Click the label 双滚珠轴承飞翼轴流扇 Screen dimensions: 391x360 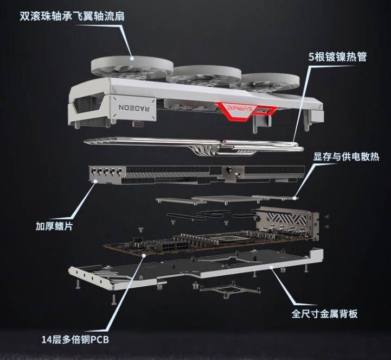(x=72, y=16)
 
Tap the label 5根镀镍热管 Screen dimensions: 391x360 (x=338, y=56)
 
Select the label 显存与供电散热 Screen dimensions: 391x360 (x=346, y=157)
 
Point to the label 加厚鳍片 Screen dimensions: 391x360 (x=54, y=226)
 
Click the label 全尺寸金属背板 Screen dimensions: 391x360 (x=324, y=313)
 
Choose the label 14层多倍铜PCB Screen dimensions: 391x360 (x=75, y=340)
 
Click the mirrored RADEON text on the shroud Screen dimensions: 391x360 (x=134, y=108)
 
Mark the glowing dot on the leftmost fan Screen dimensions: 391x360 (x=132, y=59)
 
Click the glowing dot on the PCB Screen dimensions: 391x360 (x=143, y=255)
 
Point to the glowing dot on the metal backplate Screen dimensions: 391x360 (x=271, y=267)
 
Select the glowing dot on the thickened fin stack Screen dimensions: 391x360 (x=95, y=181)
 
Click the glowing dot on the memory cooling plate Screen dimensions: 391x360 (x=294, y=198)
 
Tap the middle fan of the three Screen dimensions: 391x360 (x=204, y=74)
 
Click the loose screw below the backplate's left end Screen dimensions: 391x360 (x=114, y=299)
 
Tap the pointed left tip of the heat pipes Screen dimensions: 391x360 (x=85, y=142)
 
